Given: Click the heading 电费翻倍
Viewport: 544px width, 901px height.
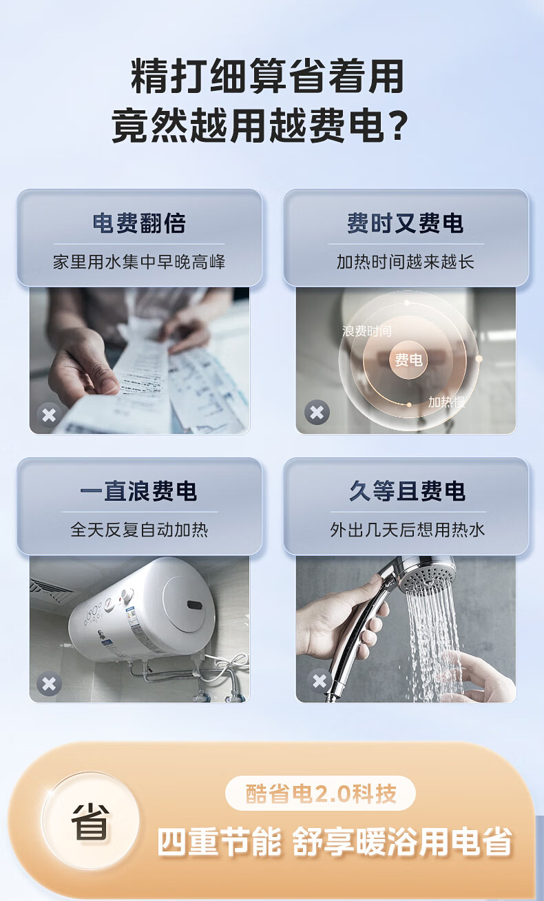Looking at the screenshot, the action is pyautogui.click(x=139, y=223).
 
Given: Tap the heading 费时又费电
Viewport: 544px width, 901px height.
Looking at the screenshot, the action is pyautogui.click(x=406, y=223).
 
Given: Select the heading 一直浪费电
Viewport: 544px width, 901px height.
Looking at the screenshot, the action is pyautogui.click(x=138, y=491).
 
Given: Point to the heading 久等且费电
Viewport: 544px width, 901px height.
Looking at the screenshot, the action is pyautogui.click(x=407, y=491).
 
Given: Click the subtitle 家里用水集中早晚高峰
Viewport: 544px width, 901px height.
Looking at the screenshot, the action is pyautogui.click(x=139, y=262).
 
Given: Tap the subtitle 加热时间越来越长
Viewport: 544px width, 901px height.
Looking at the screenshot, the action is pyautogui.click(x=406, y=262).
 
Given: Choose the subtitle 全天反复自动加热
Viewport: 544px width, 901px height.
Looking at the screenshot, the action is pyautogui.click(x=139, y=530).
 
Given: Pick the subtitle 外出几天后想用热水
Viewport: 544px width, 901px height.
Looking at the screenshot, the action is pyautogui.click(x=407, y=530).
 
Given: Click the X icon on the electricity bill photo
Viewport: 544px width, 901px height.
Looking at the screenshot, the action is pyautogui.click(x=49, y=415).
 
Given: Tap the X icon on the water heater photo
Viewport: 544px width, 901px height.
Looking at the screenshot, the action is pyautogui.click(x=49, y=683).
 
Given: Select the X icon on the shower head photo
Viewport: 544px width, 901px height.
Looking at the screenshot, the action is pyautogui.click(x=320, y=681).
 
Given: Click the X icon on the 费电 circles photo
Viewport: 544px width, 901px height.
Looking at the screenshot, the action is pyautogui.click(x=317, y=413).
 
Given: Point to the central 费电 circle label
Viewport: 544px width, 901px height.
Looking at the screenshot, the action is pyautogui.click(x=408, y=360).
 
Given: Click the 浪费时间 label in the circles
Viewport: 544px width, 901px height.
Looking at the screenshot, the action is pyautogui.click(x=367, y=331).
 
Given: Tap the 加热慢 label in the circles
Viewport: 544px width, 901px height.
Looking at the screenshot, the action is pyautogui.click(x=446, y=402).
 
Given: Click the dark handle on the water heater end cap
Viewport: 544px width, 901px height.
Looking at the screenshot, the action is pyautogui.click(x=193, y=604).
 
